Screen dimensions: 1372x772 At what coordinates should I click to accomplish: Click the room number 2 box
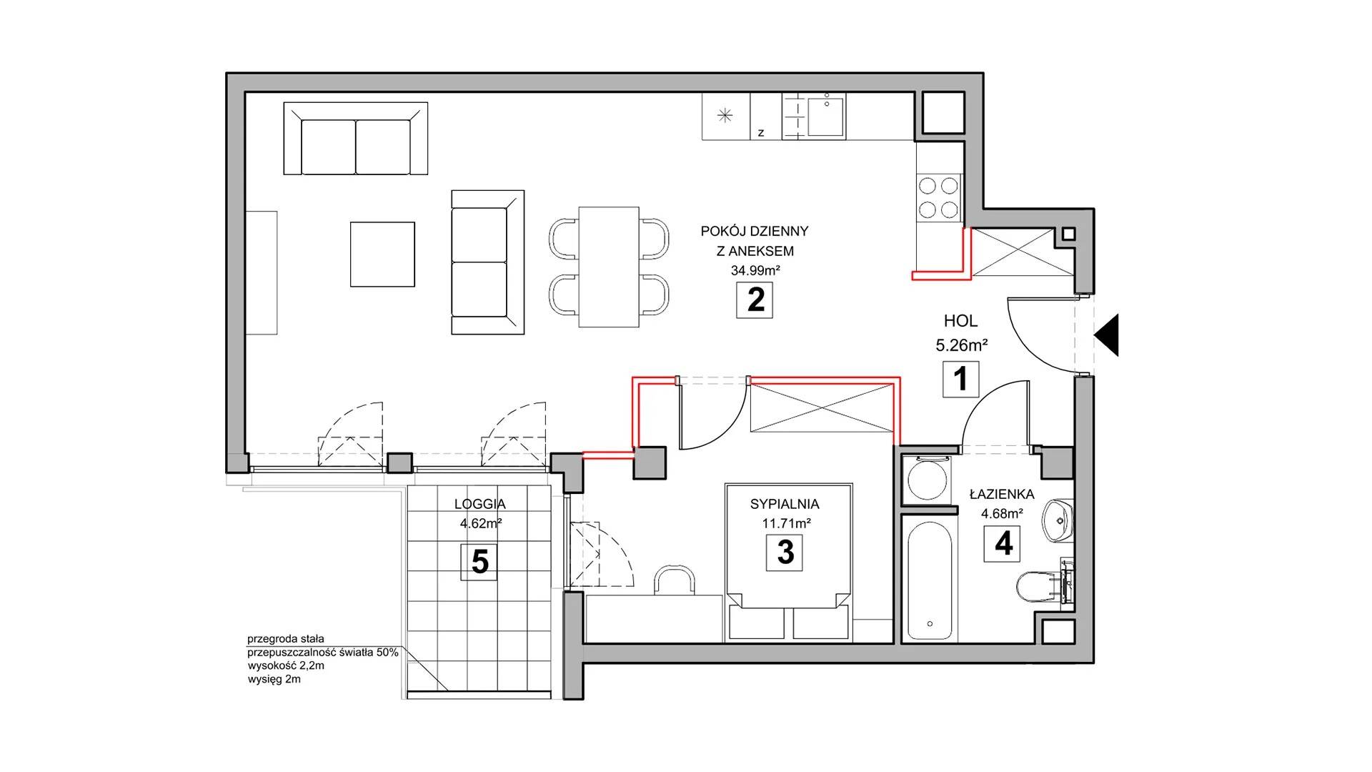click(x=755, y=300)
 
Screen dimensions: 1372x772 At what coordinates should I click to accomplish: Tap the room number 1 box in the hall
click(x=960, y=379)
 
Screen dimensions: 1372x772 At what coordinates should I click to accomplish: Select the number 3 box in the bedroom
click(x=785, y=553)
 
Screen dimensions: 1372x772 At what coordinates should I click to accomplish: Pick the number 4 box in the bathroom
click(x=1003, y=544)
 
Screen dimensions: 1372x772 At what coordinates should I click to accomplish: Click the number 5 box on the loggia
click(x=479, y=563)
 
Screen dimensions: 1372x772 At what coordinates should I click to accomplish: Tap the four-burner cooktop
click(x=938, y=198)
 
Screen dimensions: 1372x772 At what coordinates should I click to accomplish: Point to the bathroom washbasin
click(x=1057, y=521)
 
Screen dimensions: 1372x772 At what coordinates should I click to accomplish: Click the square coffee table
click(x=382, y=254)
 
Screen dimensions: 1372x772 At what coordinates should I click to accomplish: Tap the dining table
click(x=608, y=267)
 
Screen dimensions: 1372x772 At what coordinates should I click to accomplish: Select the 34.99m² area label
click(x=755, y=271)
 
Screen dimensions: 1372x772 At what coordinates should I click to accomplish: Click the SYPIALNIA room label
click(x=785, y=504)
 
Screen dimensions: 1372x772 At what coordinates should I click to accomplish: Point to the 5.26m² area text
click(x=961, y=345)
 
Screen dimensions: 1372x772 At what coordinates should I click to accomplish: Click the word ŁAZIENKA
click(x=1002, y=493)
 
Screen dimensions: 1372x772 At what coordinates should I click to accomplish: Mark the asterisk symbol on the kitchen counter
click(x=725, y=116)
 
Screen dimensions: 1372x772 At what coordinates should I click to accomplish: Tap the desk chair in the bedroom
click(x=675, y=580)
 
